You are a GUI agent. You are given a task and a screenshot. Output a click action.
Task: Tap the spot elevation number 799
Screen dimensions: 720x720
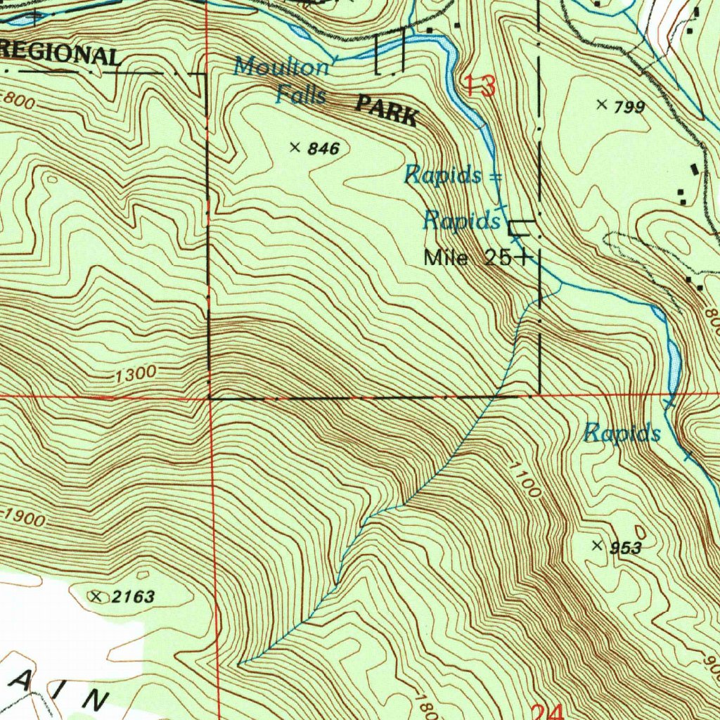629,107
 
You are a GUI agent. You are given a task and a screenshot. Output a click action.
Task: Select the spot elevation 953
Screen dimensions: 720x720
625,548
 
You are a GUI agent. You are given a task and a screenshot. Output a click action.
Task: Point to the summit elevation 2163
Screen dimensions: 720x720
133,597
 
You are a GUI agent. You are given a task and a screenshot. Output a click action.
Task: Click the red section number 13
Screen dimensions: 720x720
480,86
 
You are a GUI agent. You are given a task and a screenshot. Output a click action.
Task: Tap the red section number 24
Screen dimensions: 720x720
547,712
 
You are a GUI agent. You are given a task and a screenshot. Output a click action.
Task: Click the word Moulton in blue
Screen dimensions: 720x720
282,67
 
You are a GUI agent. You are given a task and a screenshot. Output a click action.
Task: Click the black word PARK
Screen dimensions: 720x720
387,111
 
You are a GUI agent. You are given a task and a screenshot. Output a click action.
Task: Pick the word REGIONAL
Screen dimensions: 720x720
59,54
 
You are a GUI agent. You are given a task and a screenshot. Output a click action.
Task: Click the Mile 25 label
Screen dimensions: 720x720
468,258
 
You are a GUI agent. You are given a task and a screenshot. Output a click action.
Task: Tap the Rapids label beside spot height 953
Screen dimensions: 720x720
622,433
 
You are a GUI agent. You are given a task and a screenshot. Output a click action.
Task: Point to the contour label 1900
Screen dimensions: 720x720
24,517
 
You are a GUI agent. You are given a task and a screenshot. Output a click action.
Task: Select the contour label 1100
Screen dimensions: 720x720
526,479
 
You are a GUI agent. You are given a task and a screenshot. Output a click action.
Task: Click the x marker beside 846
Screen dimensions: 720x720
295,147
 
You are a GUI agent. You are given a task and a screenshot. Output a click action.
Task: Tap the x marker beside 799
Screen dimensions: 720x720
601,105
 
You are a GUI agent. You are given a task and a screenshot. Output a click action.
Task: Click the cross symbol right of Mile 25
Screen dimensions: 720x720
522,258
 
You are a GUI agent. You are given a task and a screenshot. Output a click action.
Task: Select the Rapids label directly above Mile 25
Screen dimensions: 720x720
461,221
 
